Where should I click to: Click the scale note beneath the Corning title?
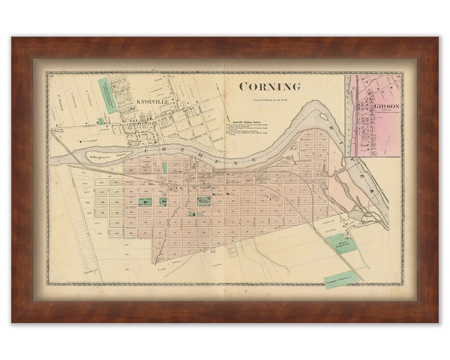click(x=269, y=100)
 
